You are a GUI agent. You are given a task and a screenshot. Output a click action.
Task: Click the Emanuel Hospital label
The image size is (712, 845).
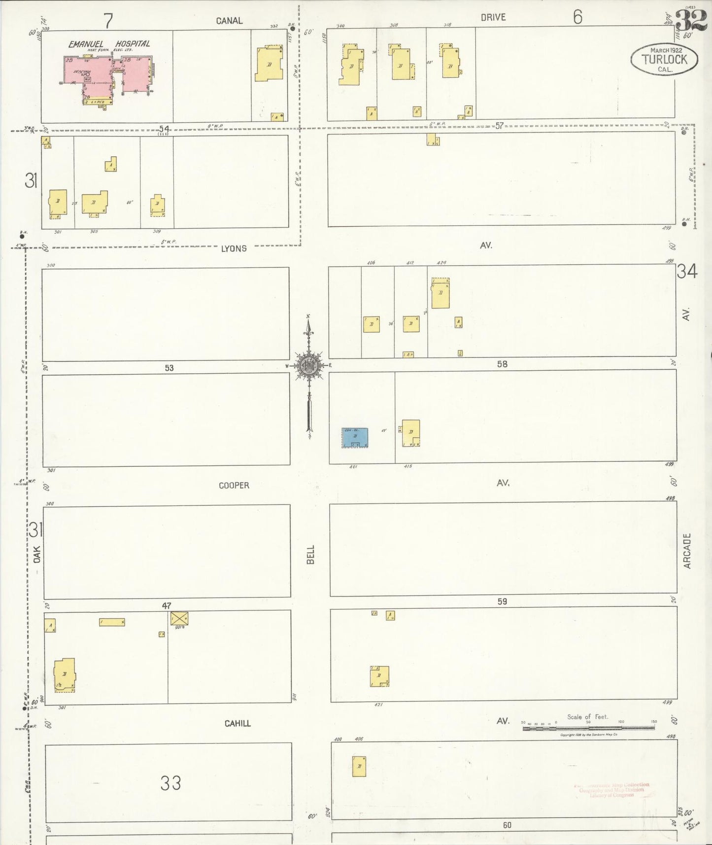[x=109, y=44]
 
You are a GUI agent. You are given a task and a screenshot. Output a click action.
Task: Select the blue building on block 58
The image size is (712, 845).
[x=355, y=438]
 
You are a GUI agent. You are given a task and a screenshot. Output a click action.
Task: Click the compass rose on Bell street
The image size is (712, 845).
[x=309, y=366]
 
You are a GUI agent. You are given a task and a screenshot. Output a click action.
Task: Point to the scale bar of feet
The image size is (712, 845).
[x=588, y=727]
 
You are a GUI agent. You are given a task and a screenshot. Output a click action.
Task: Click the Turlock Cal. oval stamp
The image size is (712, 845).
[x=664, y=60]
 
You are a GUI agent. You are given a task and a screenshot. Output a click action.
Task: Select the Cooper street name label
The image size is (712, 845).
[x=234, y=486]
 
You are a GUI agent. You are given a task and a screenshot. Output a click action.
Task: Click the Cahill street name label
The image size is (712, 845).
[x=237, y=724]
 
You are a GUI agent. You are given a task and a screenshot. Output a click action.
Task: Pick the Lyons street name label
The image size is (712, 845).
[x=234, y=248]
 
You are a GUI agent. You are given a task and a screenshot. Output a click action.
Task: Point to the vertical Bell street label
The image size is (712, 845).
[x=310, y=555]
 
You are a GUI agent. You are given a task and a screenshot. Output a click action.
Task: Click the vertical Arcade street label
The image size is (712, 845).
[x=687, y=551]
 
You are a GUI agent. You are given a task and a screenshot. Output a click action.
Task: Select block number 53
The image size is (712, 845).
[x=169, y=368]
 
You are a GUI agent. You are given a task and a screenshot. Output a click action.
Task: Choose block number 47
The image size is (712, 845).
[x=166, y=605]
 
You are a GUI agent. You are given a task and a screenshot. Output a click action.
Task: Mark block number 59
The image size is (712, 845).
[x=502, y=601]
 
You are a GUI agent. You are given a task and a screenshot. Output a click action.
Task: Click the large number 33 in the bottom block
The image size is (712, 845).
[x=170, y=783]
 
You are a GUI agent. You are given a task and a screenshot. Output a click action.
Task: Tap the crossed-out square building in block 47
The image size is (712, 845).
[x=179, y=618]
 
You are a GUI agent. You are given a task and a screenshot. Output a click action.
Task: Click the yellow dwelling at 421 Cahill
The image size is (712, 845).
[x=379, y=676]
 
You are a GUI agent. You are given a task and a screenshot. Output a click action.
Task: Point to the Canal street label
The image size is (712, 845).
[x=229, y=21]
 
